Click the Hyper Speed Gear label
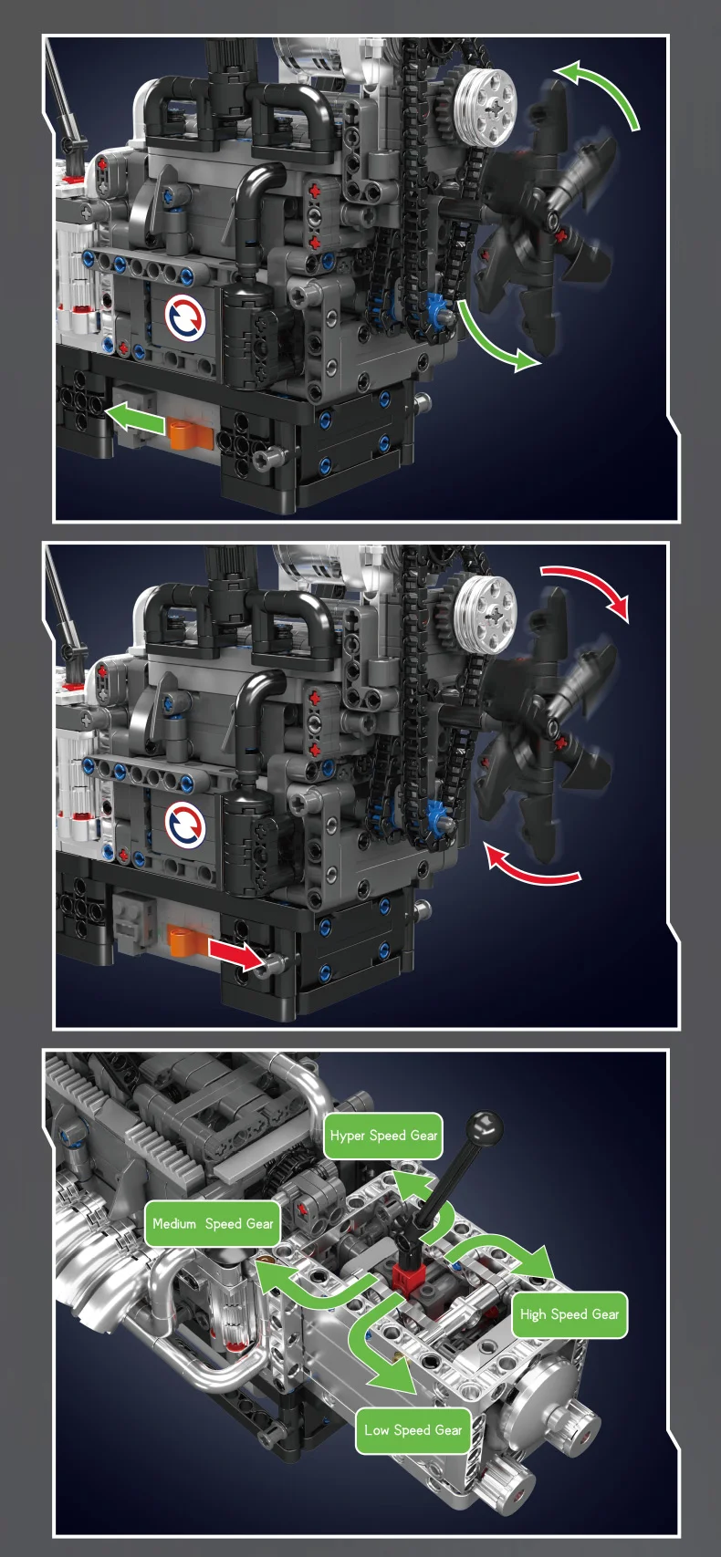pos(383,1136)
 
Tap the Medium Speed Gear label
pos(213,1224)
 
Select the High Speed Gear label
pos(569,1314)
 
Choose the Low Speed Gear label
pos(413,1430)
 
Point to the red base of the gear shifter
pos(407,1274)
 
